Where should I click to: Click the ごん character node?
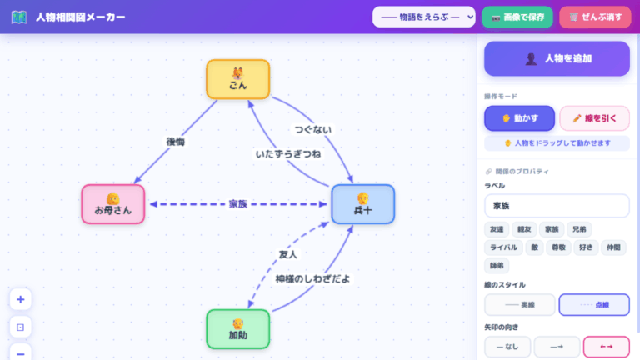coord(238,79)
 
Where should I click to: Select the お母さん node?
coord(112,204)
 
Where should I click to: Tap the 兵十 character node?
coord(362,204)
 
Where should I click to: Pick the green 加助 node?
coord(238,328)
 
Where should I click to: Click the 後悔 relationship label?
coord(175,142)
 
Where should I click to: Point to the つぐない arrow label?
coord(313,129)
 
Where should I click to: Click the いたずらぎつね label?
coord(288,154)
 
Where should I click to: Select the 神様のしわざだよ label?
coord(312,279)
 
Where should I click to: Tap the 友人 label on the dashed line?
coord(287,254)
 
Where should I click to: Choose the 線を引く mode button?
coord(594,118)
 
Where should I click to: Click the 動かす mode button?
coord(519,118)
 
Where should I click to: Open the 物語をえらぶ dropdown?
coord(423,17)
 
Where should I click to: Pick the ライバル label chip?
coord(503,247)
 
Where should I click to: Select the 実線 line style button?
coord(519,305)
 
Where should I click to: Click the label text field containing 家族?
coord(557,205)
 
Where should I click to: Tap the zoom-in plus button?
coord(20,300)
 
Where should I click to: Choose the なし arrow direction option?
coord(506,347)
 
